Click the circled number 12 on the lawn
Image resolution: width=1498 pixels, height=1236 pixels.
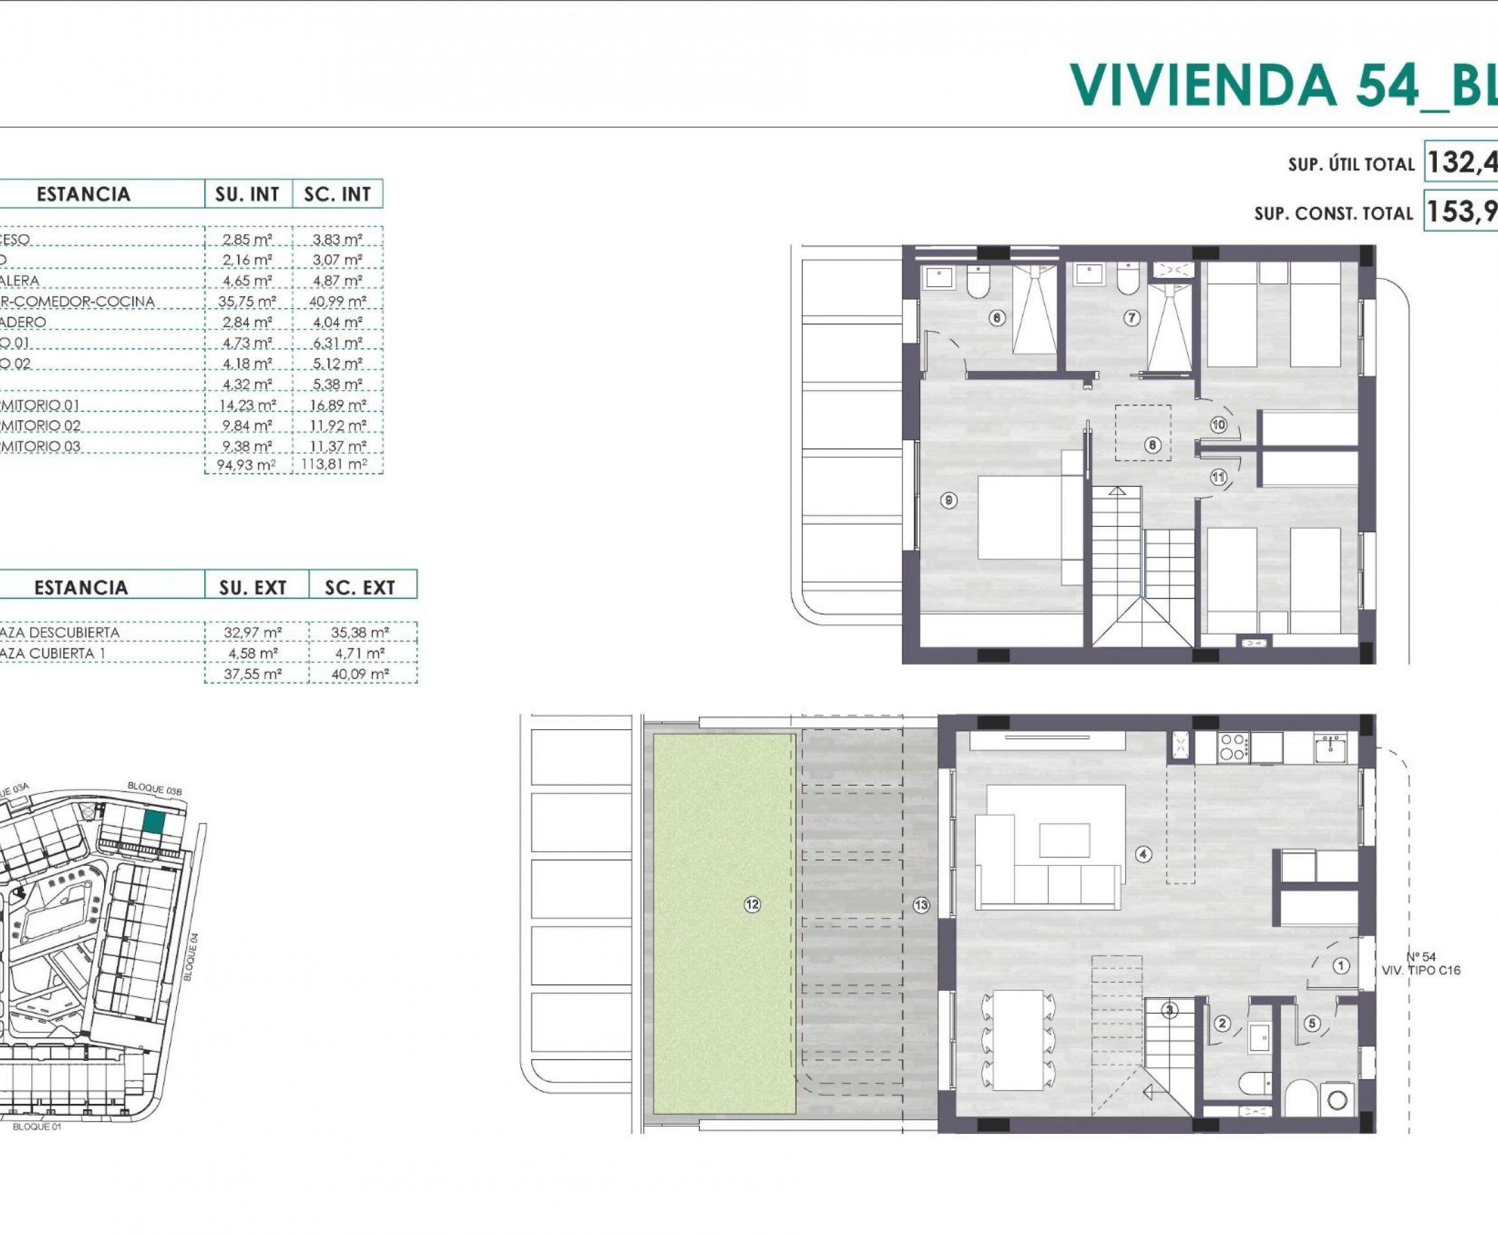pos(752,905)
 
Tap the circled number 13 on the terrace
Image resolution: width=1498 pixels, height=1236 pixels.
pos(921,906)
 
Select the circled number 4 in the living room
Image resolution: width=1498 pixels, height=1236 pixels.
pos(1144,854)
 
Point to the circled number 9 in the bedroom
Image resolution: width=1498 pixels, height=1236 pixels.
pos(949,500)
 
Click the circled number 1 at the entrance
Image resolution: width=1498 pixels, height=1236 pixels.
pos(1341,966)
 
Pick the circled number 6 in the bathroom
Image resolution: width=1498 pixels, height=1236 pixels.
pos(997,318)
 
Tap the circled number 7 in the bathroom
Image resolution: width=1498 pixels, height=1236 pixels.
pos(1131,318)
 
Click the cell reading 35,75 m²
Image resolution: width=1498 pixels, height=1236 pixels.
pos(247,301)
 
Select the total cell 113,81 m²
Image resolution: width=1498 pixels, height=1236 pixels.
pos(334,466)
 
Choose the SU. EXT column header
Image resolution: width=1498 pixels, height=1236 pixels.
pos(253,587)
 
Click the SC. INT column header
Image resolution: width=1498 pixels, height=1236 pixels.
pos(337,195)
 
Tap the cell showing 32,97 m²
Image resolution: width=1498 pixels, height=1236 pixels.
pos(253,632)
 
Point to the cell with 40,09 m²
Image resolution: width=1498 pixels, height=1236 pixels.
pos(360,673)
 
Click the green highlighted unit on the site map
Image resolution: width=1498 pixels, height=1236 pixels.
pos(153,822)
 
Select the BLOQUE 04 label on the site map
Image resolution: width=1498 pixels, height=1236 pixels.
pos(191,958)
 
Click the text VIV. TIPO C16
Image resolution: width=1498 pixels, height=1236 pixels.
pos(1421,971)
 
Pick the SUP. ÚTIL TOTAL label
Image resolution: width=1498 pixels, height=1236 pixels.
pos(1350,165)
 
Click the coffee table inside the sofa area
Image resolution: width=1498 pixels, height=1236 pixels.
pos(1064,840)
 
